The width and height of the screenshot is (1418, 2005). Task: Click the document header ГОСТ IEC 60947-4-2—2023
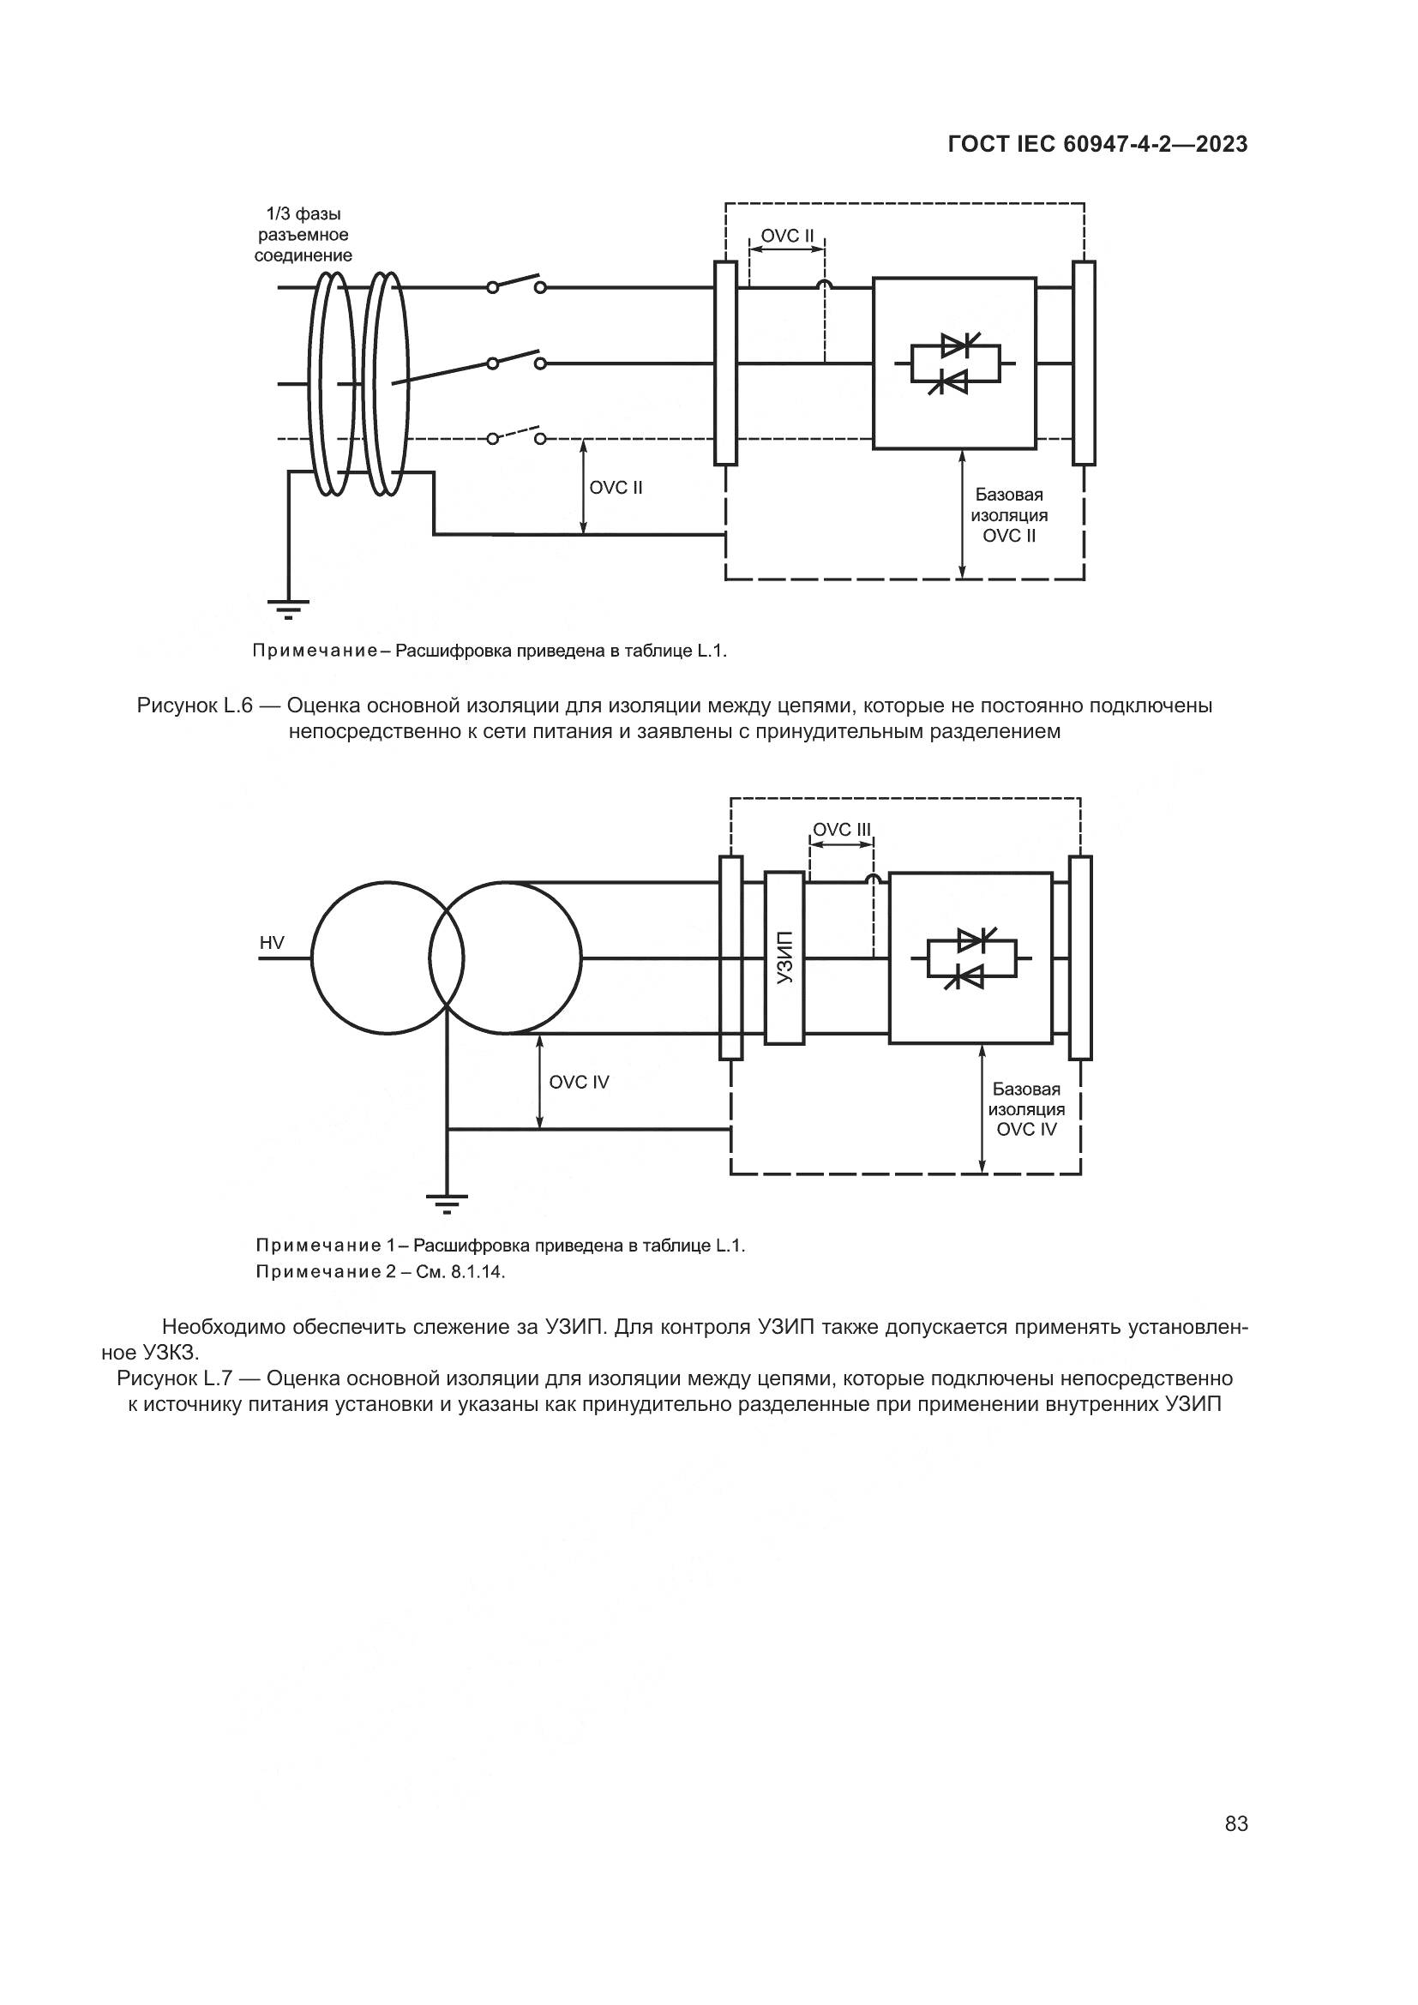pos(1097,145)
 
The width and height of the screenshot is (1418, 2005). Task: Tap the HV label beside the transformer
pos(272,942)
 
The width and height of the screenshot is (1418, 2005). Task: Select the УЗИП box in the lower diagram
pos(784,958)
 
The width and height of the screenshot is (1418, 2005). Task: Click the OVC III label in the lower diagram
pos(842,830)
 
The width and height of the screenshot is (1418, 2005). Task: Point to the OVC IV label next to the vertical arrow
pos(579,1082)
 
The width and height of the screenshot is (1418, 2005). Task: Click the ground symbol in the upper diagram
pos(288,609)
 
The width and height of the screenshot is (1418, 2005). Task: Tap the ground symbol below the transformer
pos(447,1203)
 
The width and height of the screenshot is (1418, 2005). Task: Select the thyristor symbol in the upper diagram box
pos(954,363)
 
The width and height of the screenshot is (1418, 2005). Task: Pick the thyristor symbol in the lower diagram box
pos(971,958)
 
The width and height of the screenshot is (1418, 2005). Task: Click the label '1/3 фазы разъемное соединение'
pos(303,235)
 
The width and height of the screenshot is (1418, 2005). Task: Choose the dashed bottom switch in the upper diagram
pos(516,435)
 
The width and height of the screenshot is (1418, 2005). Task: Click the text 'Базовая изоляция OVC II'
pos(1009,515)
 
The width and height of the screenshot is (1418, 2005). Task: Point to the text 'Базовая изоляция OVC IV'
pos(1027,1109)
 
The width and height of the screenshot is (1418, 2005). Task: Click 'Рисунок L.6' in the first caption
pos(195,705)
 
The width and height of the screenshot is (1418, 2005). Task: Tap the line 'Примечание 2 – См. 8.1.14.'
pos(381,1271)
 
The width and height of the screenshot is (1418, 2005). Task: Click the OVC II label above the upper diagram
pos(787,236)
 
